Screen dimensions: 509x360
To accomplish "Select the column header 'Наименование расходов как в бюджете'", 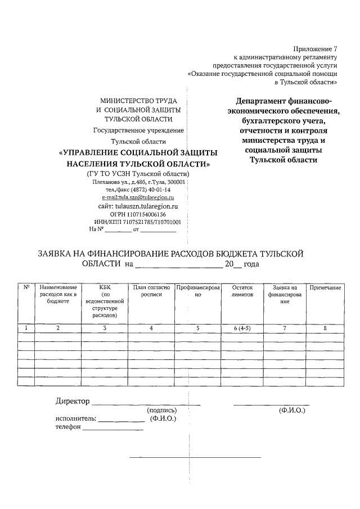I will point(58,294).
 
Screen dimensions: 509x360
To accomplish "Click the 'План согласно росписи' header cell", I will point(151,290).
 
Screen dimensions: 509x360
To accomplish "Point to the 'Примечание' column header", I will point(325,287).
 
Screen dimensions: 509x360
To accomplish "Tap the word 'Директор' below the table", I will point(73,402).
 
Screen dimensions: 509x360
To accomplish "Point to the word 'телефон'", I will point(68,427).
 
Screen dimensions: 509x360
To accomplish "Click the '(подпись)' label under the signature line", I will point(161,411).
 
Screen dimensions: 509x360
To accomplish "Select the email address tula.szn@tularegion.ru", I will point(138,198).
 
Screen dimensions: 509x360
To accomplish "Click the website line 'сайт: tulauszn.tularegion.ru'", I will point(138,206).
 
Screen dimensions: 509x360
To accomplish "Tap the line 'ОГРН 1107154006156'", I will point(138,214).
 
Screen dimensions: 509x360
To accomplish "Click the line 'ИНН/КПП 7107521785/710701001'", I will point(138,222).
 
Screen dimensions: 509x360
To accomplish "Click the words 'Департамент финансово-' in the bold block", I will point(284,102).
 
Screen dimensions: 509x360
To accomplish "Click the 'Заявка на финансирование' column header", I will point(285,294).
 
